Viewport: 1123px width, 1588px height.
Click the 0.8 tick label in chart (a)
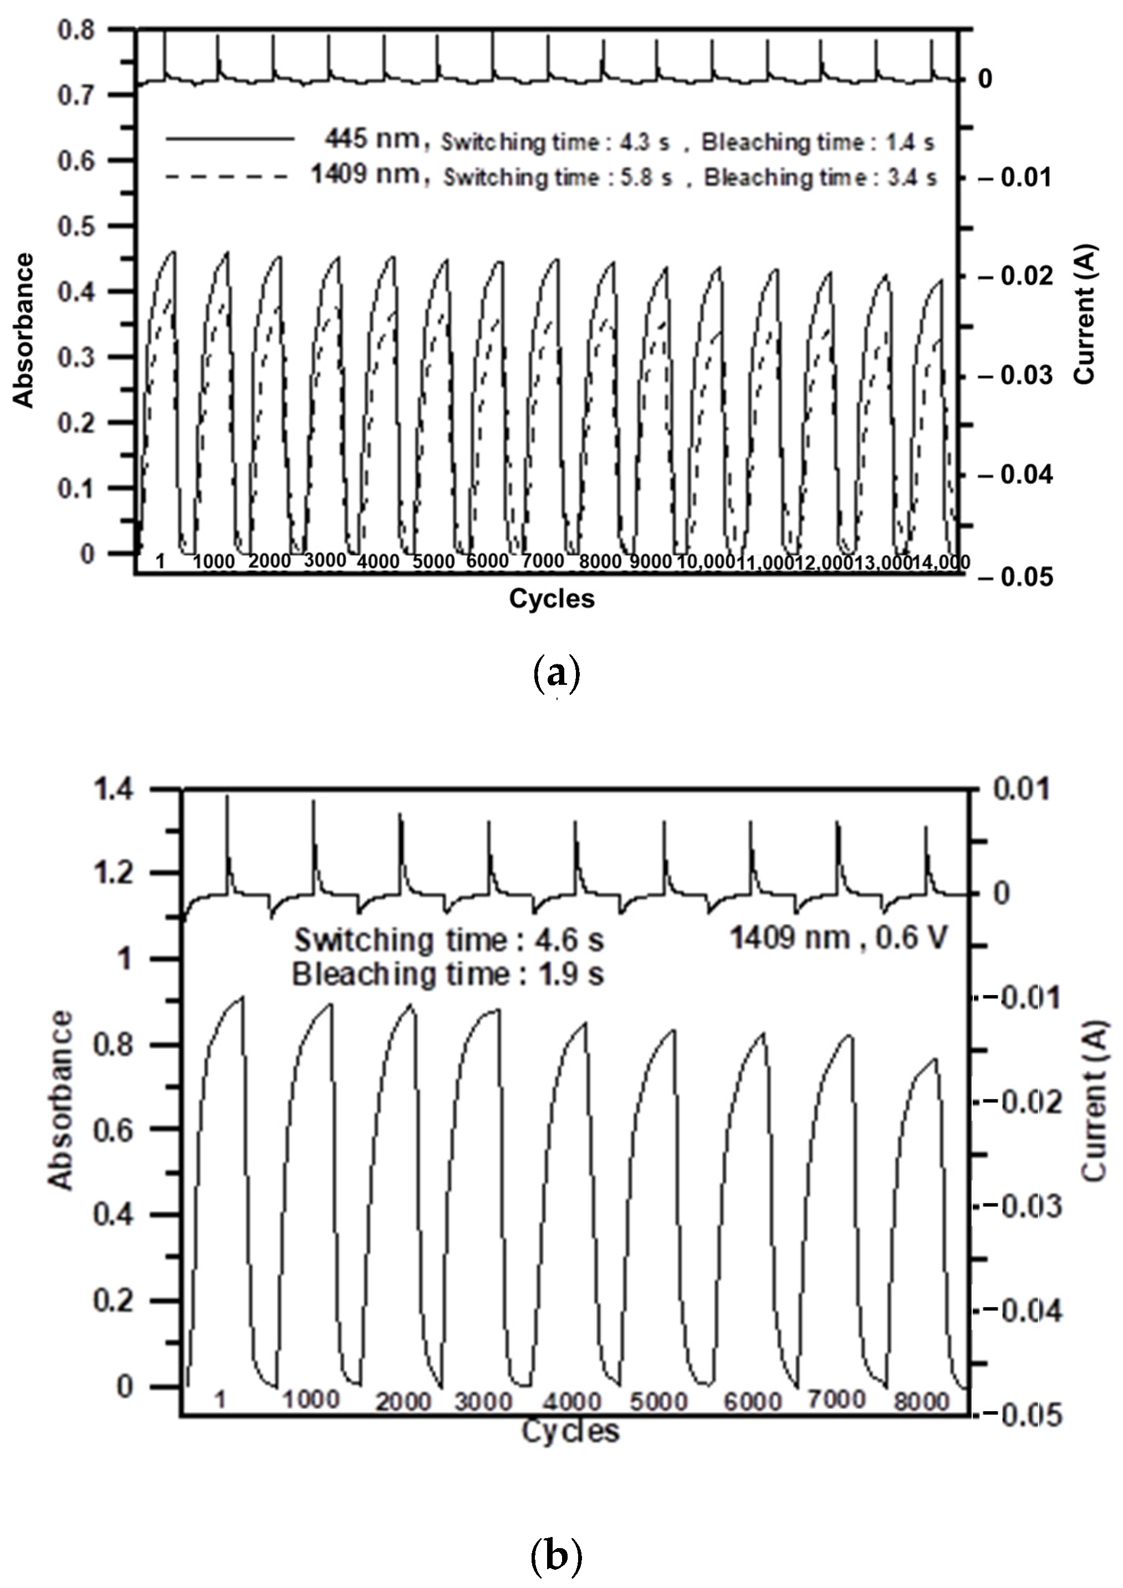[75, 30]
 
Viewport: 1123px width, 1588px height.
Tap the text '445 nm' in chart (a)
[372, 140]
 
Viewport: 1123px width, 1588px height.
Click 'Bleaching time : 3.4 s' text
[820, 178]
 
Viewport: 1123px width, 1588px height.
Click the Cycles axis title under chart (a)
[552, 598]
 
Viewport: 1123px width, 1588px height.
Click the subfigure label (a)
[557, 673]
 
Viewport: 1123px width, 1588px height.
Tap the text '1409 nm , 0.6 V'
[839, 939]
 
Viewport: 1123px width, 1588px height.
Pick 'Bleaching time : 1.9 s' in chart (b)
[448, 975]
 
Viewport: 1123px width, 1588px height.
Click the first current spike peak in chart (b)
[228, 797]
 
